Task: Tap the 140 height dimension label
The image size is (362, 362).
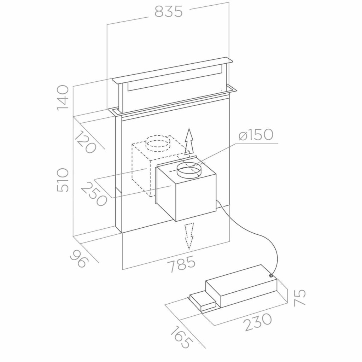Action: coord(63,98)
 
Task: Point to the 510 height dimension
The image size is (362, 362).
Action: coord(63,180)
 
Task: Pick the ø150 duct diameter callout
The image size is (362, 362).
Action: coord(256,135)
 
